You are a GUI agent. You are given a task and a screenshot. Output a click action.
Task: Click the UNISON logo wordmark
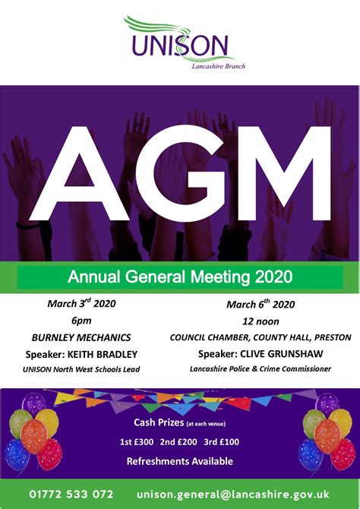(180, 46)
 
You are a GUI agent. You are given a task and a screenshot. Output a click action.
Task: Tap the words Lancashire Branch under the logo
(219, 66)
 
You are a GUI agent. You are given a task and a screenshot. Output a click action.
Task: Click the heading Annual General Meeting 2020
(180, 274)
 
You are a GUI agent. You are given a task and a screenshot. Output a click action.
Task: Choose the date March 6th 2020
(261, 305)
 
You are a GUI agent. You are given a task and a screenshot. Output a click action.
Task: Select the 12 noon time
(261, 321)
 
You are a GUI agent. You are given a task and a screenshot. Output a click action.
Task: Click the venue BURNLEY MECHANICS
(81, 337)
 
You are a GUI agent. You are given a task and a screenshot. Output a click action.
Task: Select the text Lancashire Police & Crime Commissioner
(261, 369)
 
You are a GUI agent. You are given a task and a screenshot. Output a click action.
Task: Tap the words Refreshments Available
(180, 461)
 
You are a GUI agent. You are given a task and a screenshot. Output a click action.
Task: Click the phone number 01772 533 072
(72, 495)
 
